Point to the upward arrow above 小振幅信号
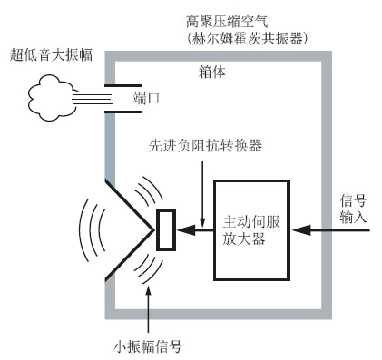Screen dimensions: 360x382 [x=151, y=308]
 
